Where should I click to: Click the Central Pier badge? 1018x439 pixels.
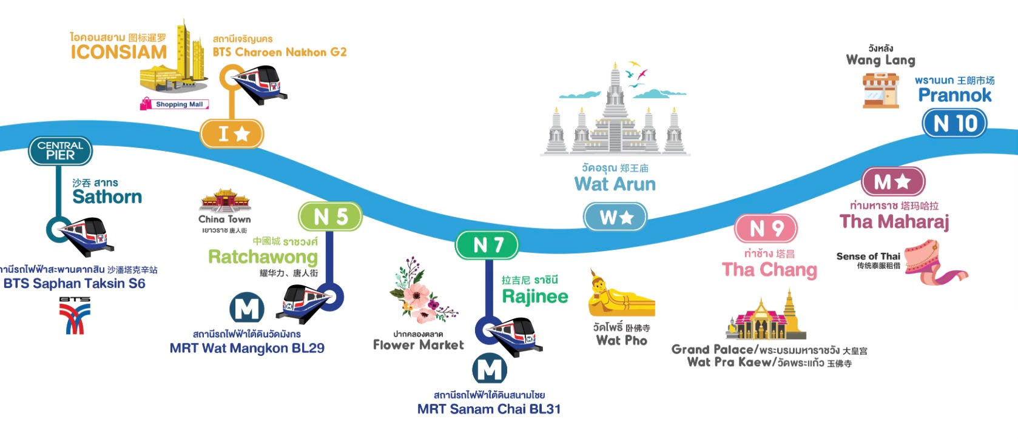(x=60, y=150)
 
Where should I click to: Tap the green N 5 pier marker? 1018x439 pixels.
(x=330, y=216)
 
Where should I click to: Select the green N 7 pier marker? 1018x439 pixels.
(x=487, y=245)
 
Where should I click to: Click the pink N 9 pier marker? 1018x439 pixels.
(x=766, y=228)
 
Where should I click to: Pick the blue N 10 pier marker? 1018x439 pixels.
(x=954, y=124)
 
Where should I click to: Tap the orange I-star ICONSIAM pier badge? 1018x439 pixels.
(x=232, y=133)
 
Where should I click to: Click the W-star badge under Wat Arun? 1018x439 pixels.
(x=615, y=216)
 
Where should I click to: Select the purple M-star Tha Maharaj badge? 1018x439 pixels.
(x=892, y=181)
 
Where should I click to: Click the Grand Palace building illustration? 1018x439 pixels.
(x=766, y=317)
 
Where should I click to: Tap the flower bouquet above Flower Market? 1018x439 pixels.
(x=422, y=290)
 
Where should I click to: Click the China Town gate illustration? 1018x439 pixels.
(x=225, y=199)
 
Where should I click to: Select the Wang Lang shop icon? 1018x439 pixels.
(x=880, y=90)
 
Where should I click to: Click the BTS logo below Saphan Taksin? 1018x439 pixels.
(x=75, y=316)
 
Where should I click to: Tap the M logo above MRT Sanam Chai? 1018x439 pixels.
(x=490, y=369)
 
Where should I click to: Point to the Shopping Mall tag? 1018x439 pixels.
(x=175, y=104)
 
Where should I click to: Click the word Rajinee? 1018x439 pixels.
(x=535, y=297)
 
